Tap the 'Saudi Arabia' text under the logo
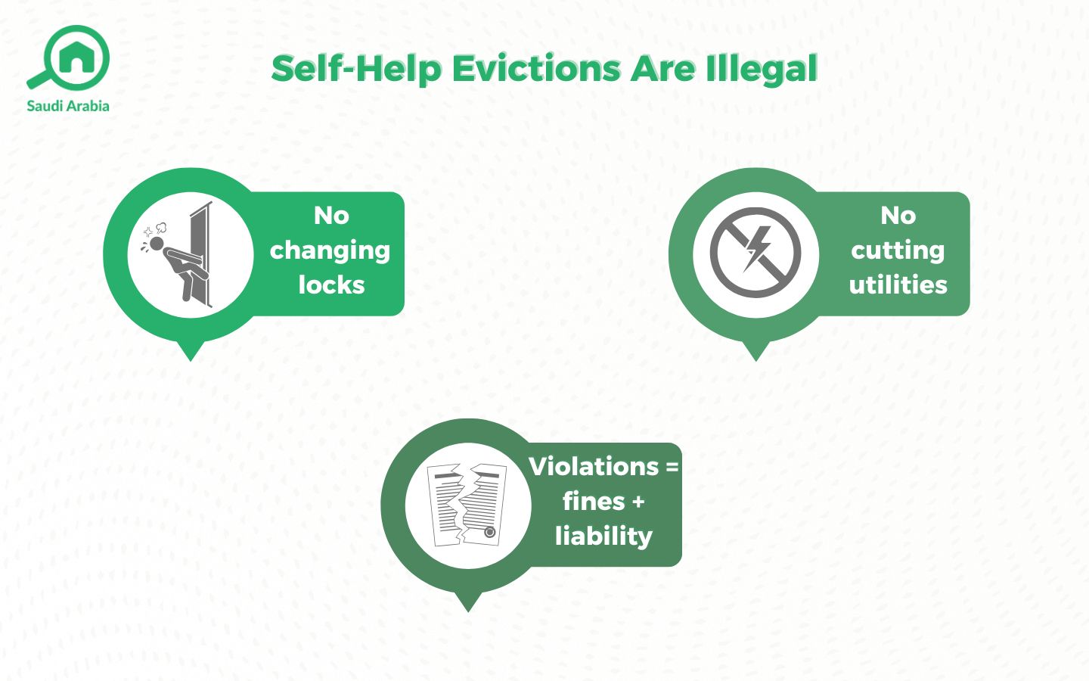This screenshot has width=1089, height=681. [68, 106]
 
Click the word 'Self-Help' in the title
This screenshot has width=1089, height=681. [356, 69]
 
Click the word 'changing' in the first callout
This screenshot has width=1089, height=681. [330, 250]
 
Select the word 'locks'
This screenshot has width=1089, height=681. [331, 285]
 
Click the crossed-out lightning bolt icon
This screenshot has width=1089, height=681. [755, 252]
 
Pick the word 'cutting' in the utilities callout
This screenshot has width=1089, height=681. [898, 250]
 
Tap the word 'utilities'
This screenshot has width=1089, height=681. [898, 285]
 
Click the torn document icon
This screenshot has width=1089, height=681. [467, 505]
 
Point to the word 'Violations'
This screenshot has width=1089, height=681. [594, 466]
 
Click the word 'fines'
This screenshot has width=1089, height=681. [594, 501]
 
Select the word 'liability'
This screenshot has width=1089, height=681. [603, 536]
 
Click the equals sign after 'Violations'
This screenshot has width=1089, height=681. [672, 468]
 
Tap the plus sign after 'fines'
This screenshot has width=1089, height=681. [638, 502]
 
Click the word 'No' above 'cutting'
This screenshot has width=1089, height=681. [898, 216]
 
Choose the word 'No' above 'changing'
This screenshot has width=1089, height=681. [331, 216]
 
